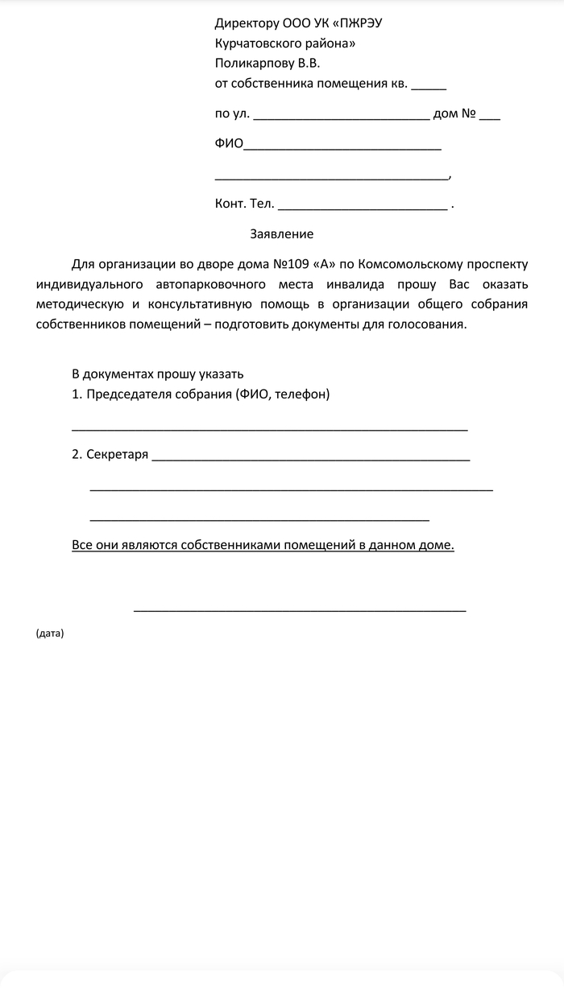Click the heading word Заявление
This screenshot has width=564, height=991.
[281, 234]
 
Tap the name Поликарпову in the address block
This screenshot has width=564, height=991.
[252, 63]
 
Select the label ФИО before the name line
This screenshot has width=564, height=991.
[229, 144]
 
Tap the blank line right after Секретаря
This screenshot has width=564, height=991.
[310, 457]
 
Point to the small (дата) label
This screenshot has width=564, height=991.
[50, 634]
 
